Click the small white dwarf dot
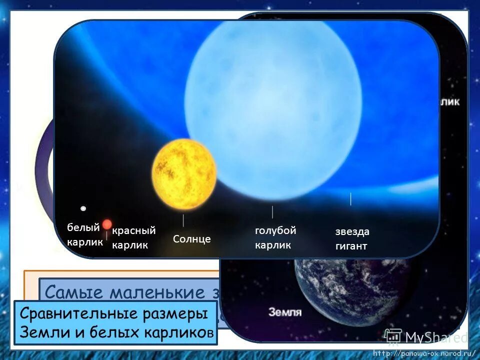[83, 208]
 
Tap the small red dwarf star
[107, 224]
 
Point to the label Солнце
[192, 239]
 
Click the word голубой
[275, 230]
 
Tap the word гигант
[351, 246]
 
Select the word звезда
[352, 232]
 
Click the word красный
[134, 230]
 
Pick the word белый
[83, 227]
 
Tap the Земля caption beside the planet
[285, 312]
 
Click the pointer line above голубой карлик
[272, 212]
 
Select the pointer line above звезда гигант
[351, 199]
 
